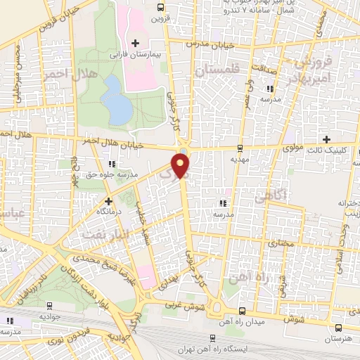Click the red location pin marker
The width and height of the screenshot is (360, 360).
click(x=182, y=167)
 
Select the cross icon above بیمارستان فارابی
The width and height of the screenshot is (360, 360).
click(x=136, y=44)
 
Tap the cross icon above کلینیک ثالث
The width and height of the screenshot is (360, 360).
click(x=326, y=139)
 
